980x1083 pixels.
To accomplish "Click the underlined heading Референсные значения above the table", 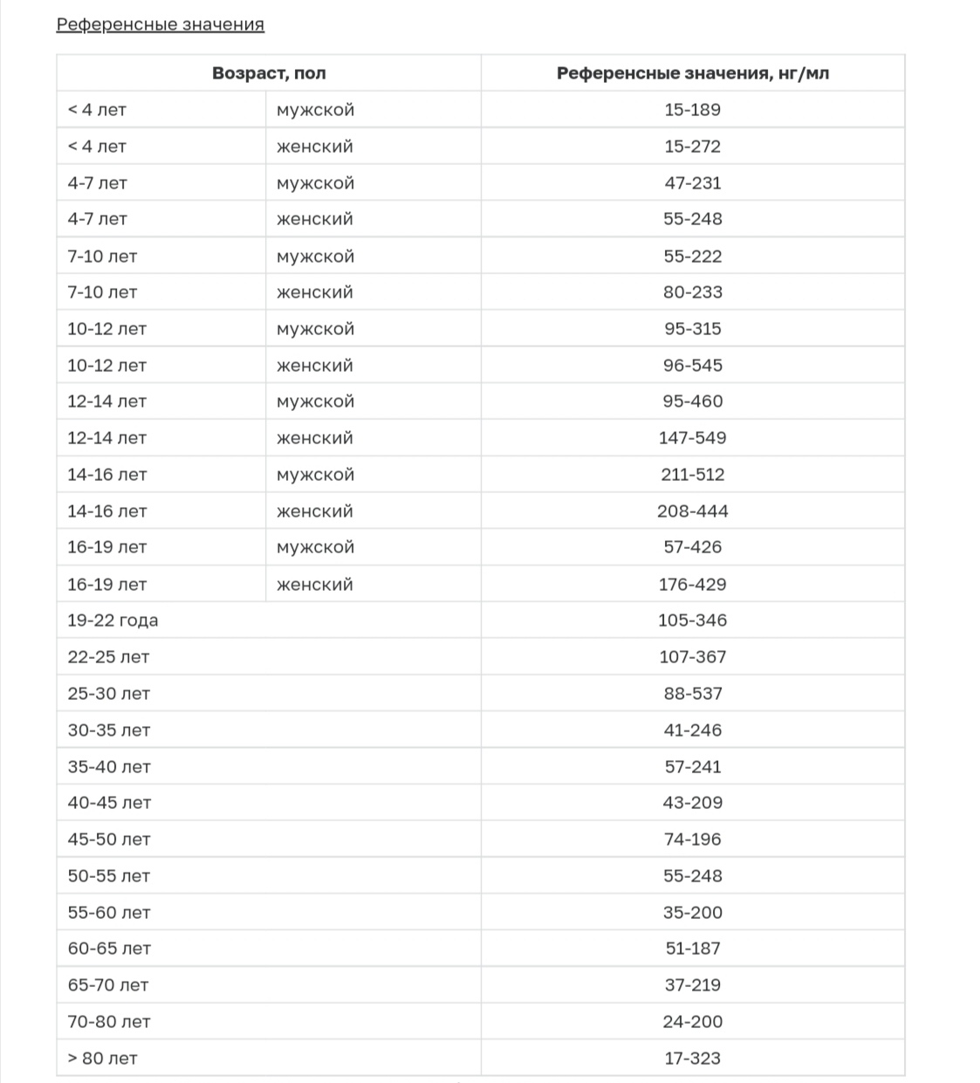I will [160, 24].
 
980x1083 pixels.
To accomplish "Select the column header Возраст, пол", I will [269, 73].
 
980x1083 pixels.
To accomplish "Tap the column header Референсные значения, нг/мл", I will [692, 73].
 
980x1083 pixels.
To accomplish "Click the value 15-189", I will [692, 110].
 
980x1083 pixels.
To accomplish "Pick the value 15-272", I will [692, 147].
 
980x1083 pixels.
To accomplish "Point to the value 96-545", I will [692, 366].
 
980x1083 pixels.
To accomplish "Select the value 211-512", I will [692, 475].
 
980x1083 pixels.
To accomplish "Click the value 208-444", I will [692, 511].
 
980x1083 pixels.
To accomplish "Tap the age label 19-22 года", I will [113, 620].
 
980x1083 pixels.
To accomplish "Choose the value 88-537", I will [692, 694].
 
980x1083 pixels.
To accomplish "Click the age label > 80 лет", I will [102, 1059].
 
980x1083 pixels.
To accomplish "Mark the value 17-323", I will [692, 1059].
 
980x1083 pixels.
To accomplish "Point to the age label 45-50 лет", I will [109, 840].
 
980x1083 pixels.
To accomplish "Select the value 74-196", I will [692, 840].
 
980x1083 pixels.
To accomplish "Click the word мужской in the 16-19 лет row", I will [315, 547].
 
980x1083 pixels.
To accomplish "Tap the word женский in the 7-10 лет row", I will [314, 292].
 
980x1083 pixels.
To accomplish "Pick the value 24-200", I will [692, 1022].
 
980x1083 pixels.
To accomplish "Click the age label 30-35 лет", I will [109, 730].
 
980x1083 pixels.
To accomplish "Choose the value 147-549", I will [692, 438].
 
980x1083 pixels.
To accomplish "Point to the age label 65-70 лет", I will [108, 985].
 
